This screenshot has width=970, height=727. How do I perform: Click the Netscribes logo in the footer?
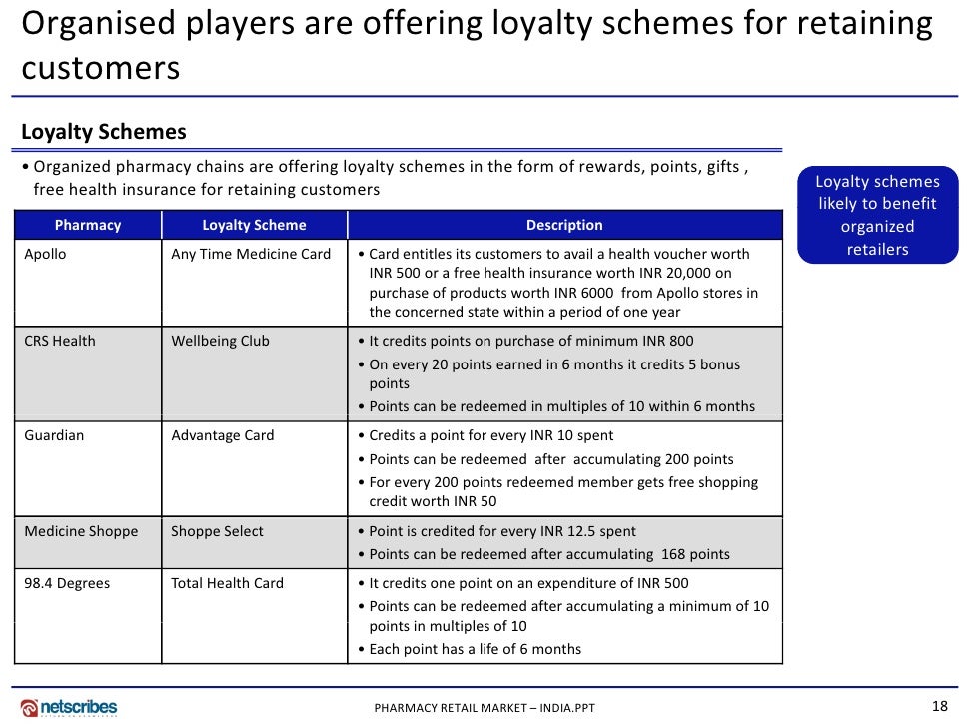pyautogui.click(x=69, y=707)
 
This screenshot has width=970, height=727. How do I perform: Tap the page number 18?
pyautogui.click(x=939, y=706)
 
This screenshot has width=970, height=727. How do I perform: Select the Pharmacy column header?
pyautogui.click(x=88, y=225)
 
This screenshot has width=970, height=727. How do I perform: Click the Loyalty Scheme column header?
pyautogui.click(x=254, y=225)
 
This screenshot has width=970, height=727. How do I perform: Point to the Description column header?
pyautogui.click(x=564, y=225)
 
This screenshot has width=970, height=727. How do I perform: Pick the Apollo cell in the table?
pyautogui.click(x=46, y=254)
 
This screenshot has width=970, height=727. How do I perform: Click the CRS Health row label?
pyautogui.click(x=60, y=341)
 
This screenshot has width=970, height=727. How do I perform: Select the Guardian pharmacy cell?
pyautogui.click(x=54, y=435)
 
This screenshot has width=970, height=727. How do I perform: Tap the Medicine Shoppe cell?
pyautogui.click(x=81, y=531)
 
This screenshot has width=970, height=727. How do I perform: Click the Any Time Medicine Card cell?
pyautogui.click(x=251, y=254)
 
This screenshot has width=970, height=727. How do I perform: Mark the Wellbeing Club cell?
pyautogui.click(x=220, y=341)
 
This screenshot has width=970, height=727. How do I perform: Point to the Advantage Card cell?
pyautogui.click(x=222, y=435)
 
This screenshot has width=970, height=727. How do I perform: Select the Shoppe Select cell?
pyautogui.click(x=217, y=531)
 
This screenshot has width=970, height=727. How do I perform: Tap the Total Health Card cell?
pyautogui.click(x=227, y=583)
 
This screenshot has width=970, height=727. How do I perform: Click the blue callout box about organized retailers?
pyautogui.click(x=878, y=215)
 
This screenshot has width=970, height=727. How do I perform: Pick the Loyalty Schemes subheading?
pyautogui.click(x=104, y=132)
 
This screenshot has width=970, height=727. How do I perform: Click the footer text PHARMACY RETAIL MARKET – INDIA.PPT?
pyautogui.click(x=485, y=708)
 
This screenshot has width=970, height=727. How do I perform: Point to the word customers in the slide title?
pyautogui.click(x=101, y=68)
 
